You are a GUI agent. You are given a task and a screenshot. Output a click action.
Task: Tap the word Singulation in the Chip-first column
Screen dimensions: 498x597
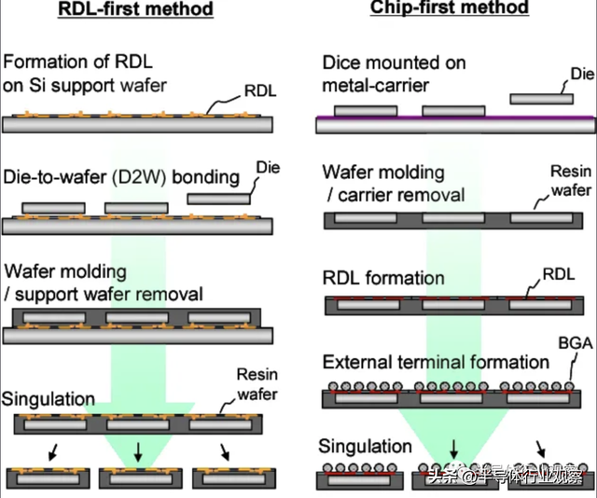(x=365, y=447)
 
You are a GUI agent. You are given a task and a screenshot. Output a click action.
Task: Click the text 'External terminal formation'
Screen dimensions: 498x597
(x=436, y=362)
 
